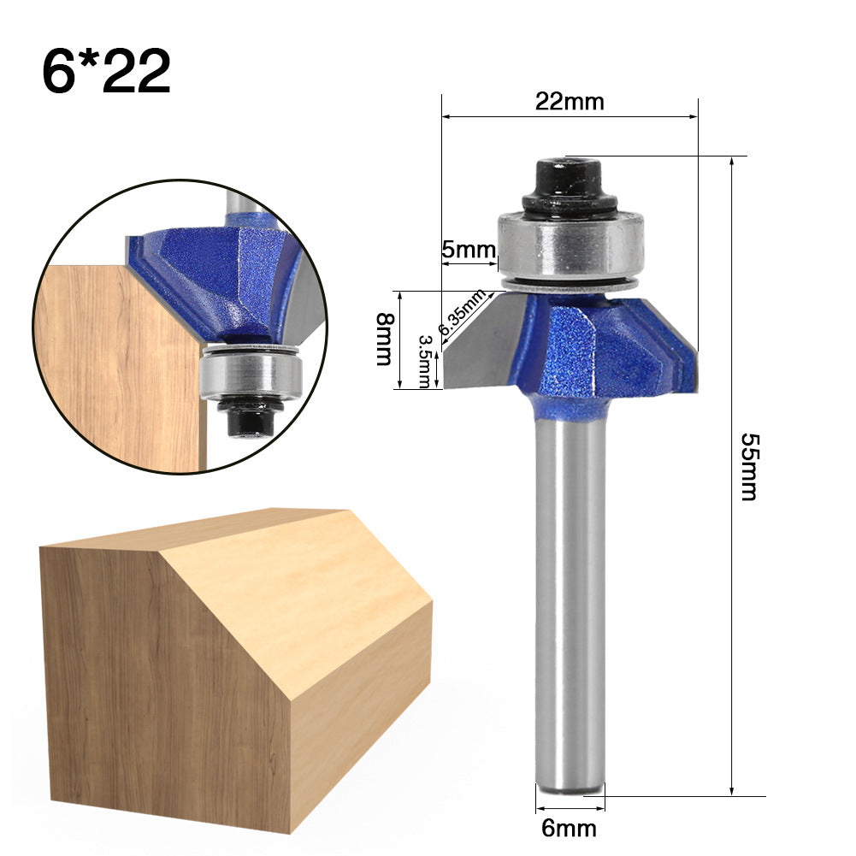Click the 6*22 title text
pyautogui.click(x=106, y=71)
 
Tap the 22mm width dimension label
pyautogui.click(x=570, y=102)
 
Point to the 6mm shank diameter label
pyautogui.click(x=570, y=828)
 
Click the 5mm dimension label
pyautogui.click(x=469, y=251)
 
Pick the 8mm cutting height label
pyautogui.click(x=387, y=339)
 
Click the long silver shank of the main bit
pyautogui.click(x=570, y=599)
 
